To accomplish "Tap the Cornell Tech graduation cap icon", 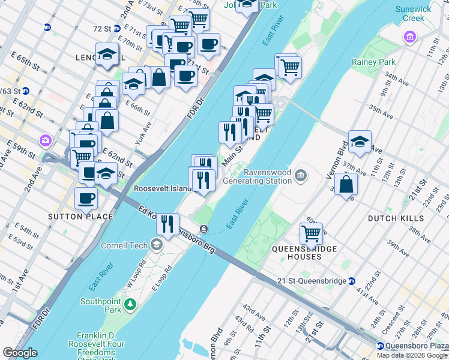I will point(157,244).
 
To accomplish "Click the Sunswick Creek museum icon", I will point(410,38).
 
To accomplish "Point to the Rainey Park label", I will point(373,62).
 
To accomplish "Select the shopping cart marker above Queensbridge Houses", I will point(311,233).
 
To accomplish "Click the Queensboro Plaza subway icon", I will point(380,346).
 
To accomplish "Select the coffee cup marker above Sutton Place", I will point(86,197).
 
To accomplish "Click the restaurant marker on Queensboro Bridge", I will point(167,224).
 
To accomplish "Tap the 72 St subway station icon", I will point(47,28).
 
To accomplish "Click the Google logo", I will point(20,353).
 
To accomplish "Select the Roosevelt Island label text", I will point(161,188).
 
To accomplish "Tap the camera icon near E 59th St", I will point(45,140).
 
